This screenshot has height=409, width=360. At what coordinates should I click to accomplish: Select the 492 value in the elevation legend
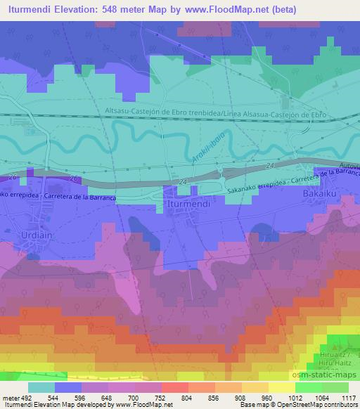point(26,397)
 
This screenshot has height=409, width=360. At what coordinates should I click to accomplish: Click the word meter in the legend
point(11,397)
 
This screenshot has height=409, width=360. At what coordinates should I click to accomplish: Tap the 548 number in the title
point(109,10)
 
